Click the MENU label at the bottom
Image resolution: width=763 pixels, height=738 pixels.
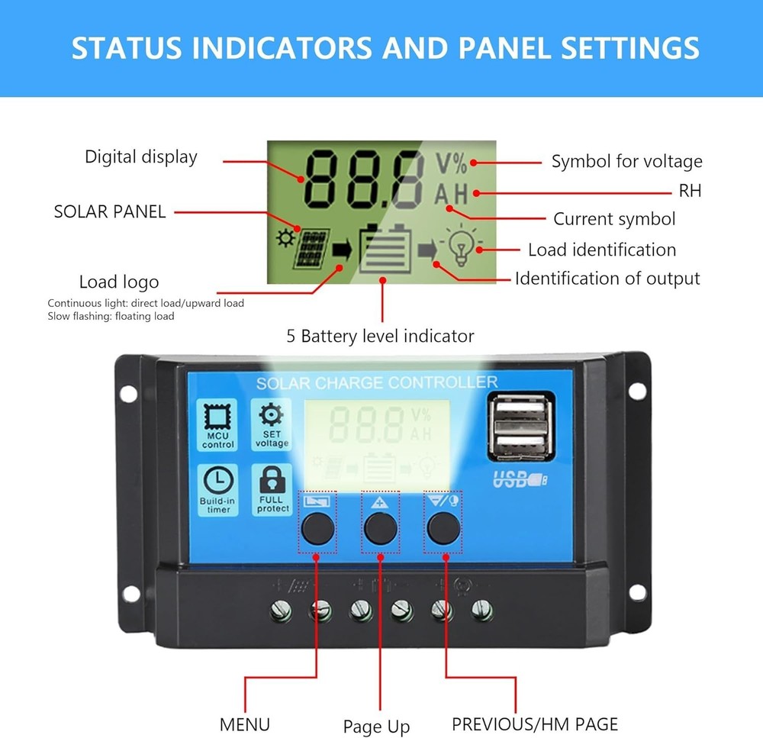coord(244,724)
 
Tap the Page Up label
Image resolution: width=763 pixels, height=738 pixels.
coord(376,727)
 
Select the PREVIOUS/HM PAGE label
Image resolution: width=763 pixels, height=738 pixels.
coord(534,723)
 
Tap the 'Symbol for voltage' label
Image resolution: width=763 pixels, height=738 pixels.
coord(626,162)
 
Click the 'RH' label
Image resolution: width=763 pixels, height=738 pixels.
coord(690,192)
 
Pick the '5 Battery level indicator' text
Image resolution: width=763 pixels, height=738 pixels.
coord(380,336)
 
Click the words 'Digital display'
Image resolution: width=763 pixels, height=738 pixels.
coord(141,157)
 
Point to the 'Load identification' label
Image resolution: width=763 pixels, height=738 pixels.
coord(602,250)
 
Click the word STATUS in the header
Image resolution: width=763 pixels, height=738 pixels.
coord(127,48)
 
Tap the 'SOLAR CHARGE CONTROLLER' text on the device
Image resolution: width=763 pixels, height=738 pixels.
coord(376,382)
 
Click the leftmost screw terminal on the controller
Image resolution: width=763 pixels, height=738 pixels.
coord(282,610)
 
